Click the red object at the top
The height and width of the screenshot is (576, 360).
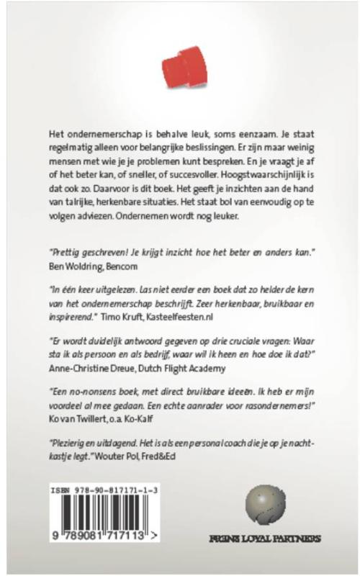pyautogui.click(x=181, y=67)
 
